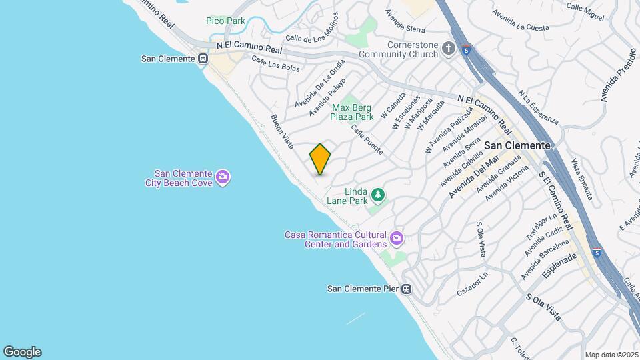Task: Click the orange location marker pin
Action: coord(321,159)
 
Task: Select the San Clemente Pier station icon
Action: coord(406,289)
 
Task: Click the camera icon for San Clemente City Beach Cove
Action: coord(223,177)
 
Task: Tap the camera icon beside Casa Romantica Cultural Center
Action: coord(397,238)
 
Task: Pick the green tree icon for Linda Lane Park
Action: coord(379,195)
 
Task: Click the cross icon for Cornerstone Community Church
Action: coord(449,49)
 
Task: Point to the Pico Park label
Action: coord(225,21)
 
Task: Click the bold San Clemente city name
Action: coord(517,145)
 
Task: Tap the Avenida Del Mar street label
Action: coord(473,177)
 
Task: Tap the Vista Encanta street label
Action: coord(581,179)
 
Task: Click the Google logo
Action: coord(22,351)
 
